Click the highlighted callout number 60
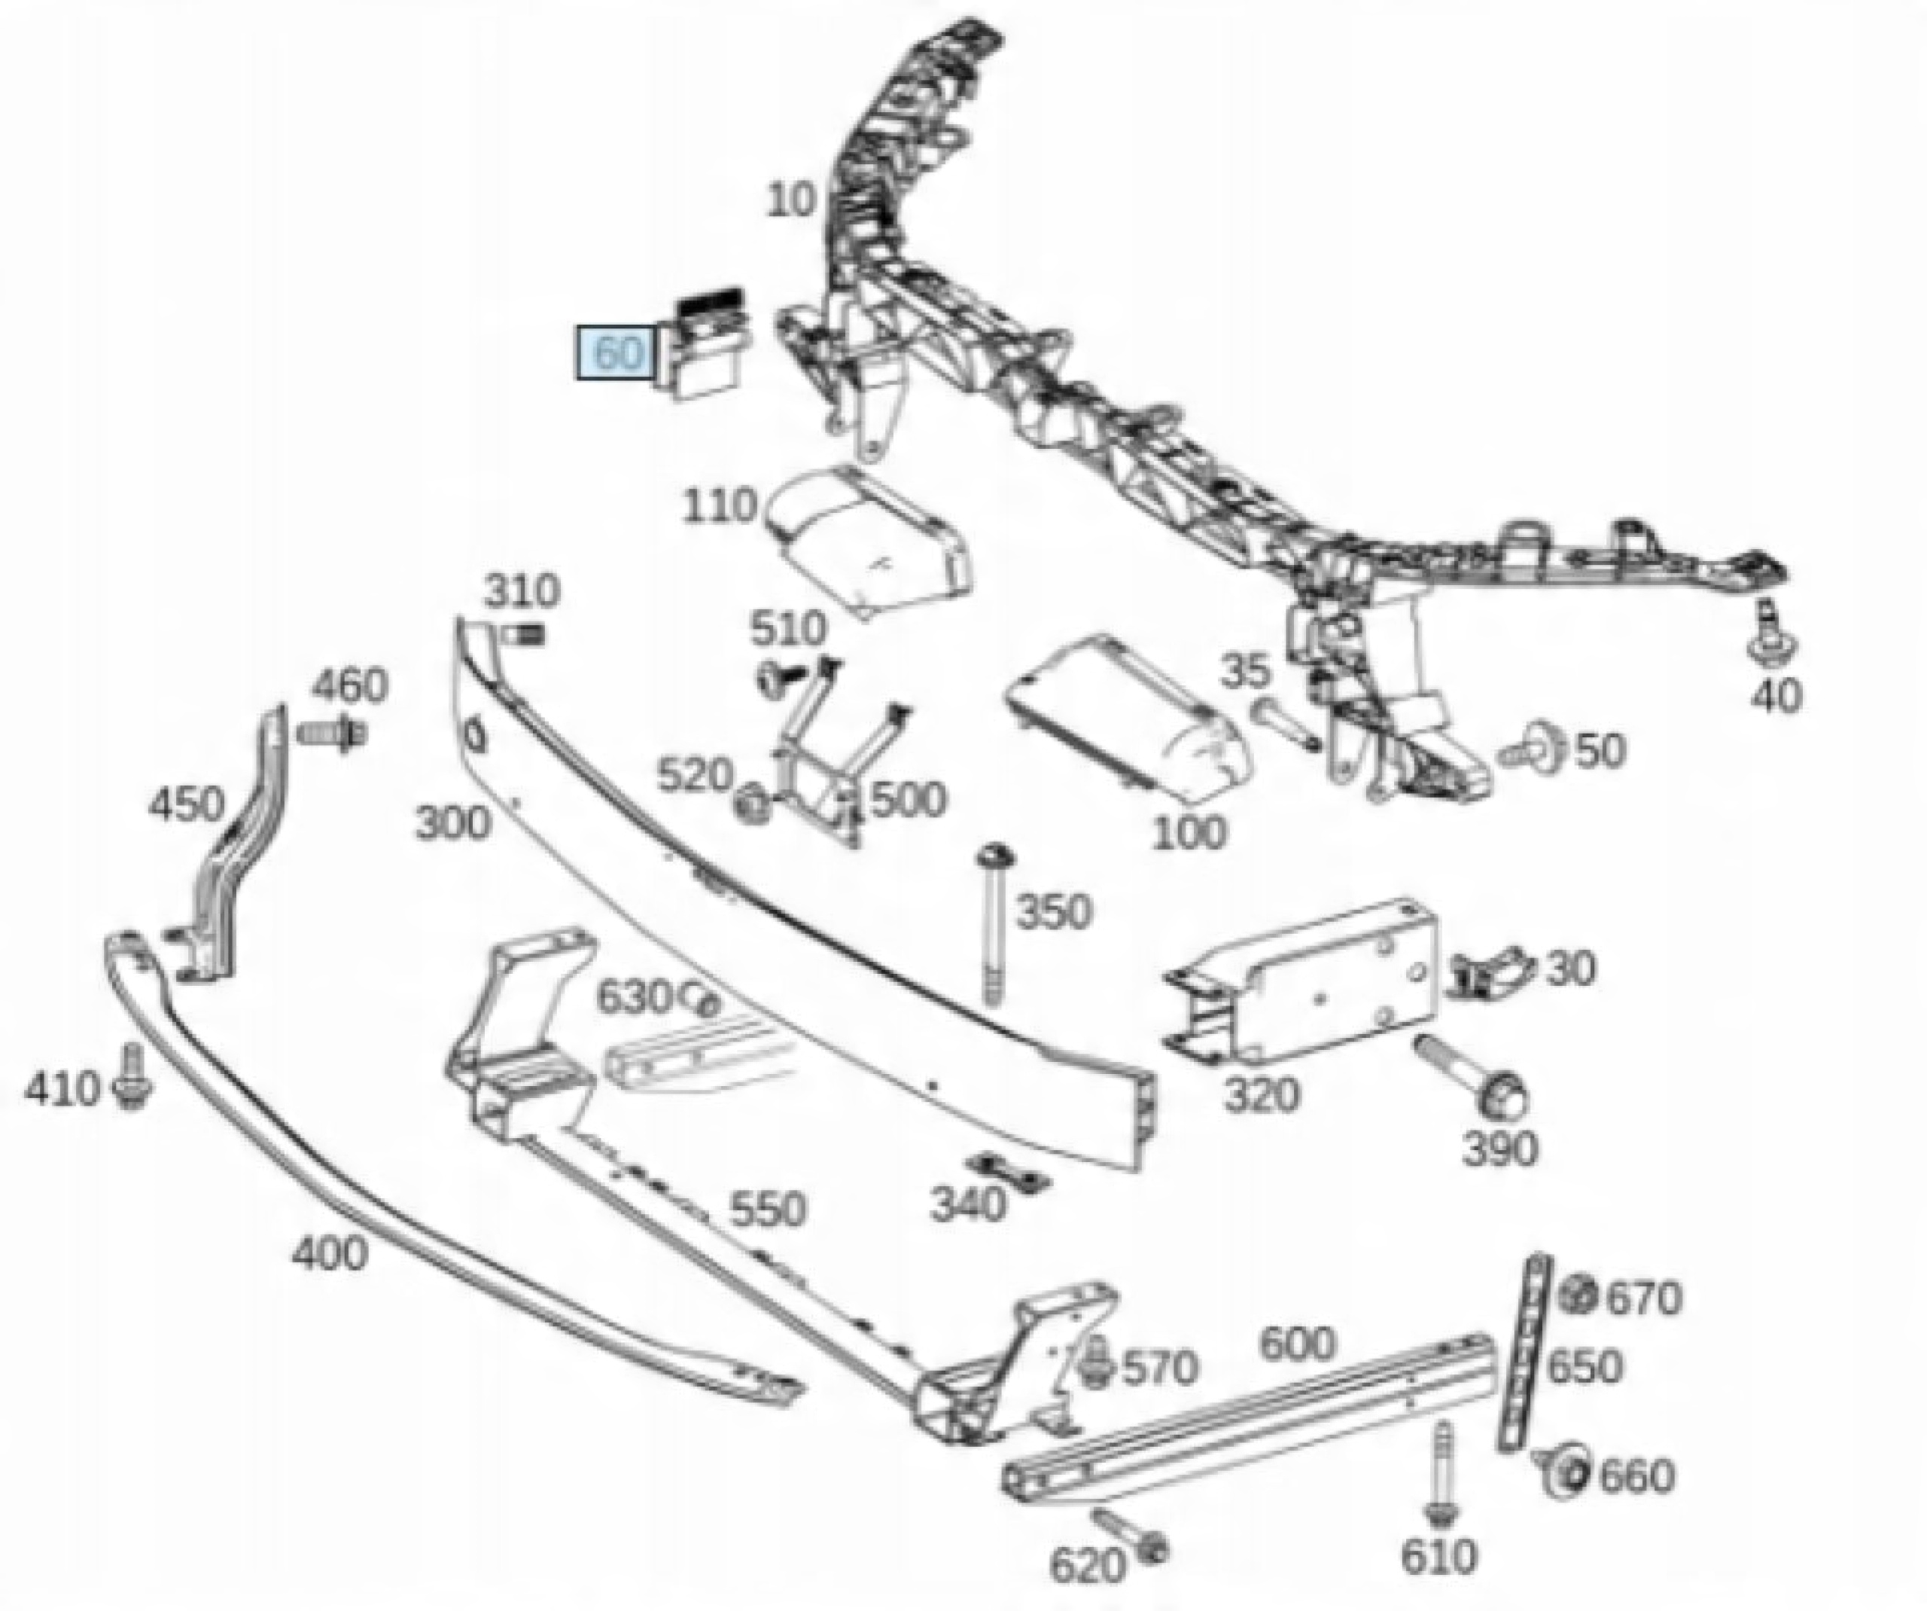point(616,352)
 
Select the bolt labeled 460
point(332,734)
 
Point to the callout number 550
point(768,1210)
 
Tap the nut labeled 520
point(753,805)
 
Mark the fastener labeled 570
point(1094,1362)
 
